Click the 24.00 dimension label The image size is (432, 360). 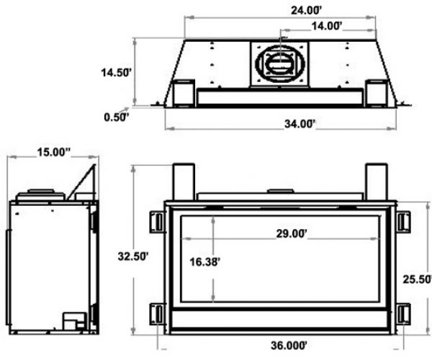coord(280,11)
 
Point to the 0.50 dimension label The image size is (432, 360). coord(116,116)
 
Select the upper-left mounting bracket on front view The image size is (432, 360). coord(156,222)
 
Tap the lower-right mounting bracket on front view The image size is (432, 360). coord(402,314)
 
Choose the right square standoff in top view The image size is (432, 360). coord(376,91)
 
